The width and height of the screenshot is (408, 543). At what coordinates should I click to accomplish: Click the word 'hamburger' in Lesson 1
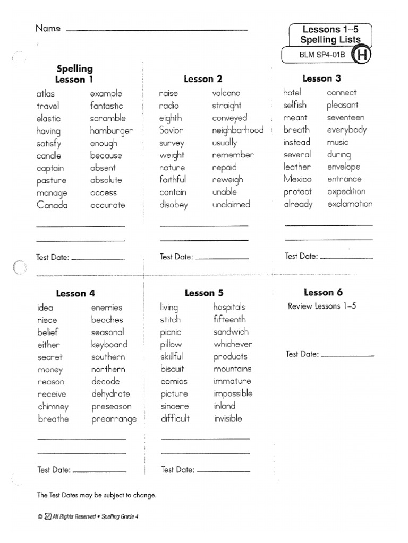[x=111, y=131]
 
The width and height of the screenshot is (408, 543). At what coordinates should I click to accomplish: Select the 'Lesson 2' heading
[x=203, y=79]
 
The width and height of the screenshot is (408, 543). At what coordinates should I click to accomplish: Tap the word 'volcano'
[x=226, y=93]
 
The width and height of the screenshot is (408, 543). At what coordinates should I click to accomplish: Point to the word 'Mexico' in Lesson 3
[x=297, y=179]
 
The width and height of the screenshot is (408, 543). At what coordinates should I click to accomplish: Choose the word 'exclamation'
[x=350, y=204]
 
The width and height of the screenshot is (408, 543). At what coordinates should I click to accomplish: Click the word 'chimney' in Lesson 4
[x=53, y=407]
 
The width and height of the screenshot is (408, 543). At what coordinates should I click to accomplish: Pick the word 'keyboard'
[x=109, y=345]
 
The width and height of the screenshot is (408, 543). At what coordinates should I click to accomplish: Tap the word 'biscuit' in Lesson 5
[x=172, y=369]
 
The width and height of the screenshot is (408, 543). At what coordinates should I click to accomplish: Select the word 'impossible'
[x=233, y=393]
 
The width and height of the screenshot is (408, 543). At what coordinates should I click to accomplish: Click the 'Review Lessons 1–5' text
[x=321, y=306]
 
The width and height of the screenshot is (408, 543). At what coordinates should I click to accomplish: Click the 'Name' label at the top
[x=48, y=28]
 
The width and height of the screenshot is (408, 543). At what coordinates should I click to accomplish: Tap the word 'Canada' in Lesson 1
[x=52, y=205]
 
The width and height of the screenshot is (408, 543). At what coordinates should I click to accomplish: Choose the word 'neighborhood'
[x=237, y=130]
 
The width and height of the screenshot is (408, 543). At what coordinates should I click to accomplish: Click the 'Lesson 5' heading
[x=204, y=293]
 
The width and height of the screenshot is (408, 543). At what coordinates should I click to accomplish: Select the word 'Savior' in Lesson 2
[x=171, y=130]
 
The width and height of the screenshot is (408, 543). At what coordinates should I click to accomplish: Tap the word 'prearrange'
[x=114, y=419]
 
